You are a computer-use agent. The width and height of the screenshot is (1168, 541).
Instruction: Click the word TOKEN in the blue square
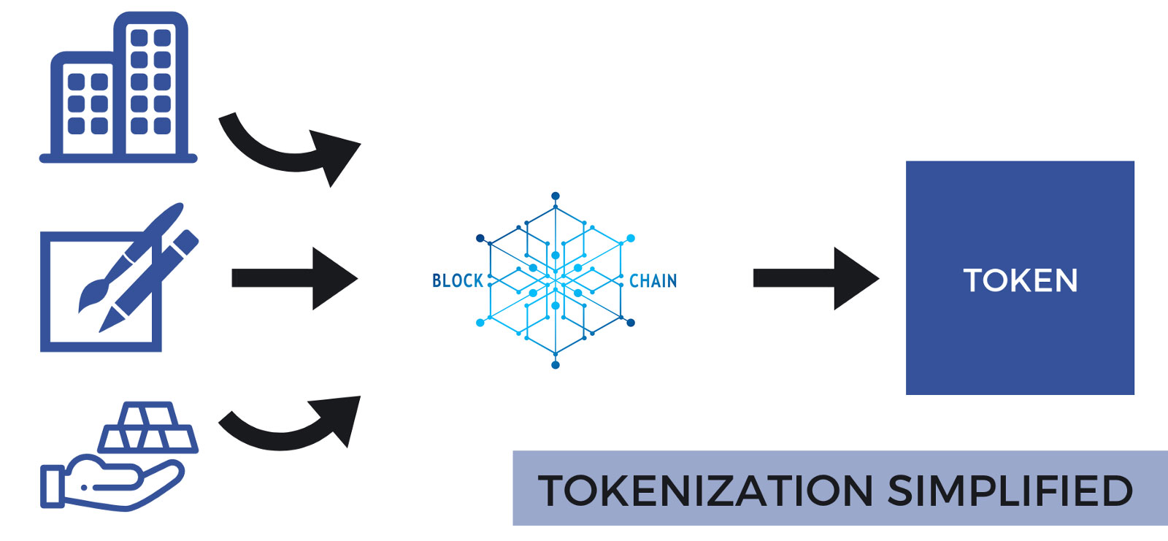click(1020, 280)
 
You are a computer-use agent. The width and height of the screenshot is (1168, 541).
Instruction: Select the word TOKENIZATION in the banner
click(704, 490)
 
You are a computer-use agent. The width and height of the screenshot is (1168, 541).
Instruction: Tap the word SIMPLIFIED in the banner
click(1010, 490)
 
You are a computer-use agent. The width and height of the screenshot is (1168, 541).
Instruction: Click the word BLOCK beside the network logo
click(458, 281)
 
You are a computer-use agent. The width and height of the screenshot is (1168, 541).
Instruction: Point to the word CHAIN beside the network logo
click(653, 281)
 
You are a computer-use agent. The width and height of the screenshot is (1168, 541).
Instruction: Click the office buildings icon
click(119, 88)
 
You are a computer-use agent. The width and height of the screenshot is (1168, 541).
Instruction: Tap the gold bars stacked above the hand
click(148, 428)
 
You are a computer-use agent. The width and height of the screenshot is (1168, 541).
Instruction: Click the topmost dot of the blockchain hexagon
click(556, 196)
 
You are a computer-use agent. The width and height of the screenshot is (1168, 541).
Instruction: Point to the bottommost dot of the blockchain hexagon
click(556, 365)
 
